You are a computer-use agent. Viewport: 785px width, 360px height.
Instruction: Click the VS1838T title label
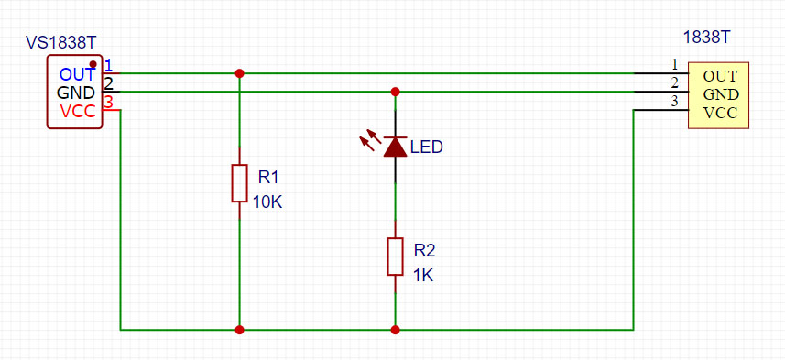pyautogui.click(x=61, y=42)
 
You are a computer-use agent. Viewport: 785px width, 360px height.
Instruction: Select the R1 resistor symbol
pyautogui.click(x=239, y=183)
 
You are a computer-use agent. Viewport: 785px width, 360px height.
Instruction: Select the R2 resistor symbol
pyautogui.click(x=395, y=256)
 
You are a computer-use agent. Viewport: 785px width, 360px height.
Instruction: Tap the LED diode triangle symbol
pyautogui.click(x=395, y=147)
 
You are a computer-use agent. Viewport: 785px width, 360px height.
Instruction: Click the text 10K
pyautogui.click(x=267, y=202)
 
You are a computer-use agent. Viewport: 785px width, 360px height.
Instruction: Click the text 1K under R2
pyautogui.click(x=422, y=275)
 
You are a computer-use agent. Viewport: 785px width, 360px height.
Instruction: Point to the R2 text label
pyautogui.click(x=424, y=249)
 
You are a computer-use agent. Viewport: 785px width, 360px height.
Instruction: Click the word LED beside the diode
pyautogui.click(x=427, y=147)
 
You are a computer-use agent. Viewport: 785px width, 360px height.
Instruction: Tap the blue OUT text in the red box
pyautogui.click(x=77, y=74)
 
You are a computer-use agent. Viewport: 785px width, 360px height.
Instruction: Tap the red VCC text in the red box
pyautogui.click(x=78, y=112)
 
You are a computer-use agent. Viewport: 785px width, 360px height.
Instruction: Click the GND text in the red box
pyautogui.click(x=76, y=93)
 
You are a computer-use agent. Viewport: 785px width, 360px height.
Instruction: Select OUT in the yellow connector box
pyautogui.click(x=720, y=76)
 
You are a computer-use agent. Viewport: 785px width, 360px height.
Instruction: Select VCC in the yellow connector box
pyautogui.click(x=720, y=114)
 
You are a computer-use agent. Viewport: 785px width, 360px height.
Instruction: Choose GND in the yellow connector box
pyautogui.click(x=720, y=94)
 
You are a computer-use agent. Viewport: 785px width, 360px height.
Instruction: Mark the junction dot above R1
pyautogui.click(x=239, y=73)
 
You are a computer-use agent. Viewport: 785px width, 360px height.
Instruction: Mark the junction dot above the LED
pyautogui.click(x=395, y=92)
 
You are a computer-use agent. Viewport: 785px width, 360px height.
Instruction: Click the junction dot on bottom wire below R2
pyautogui.click(x=395, y=329)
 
